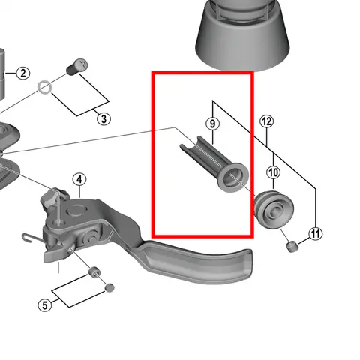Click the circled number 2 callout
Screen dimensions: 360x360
[x=22, y=73]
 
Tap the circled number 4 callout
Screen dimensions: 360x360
[x=79, y=179]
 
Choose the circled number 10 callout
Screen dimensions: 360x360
[x=274, y=174]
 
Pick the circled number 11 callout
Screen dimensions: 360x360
[x=316, y=235]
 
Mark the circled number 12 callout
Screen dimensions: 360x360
[x=267, y=121]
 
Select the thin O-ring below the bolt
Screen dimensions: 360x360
[x=45, y=87]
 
